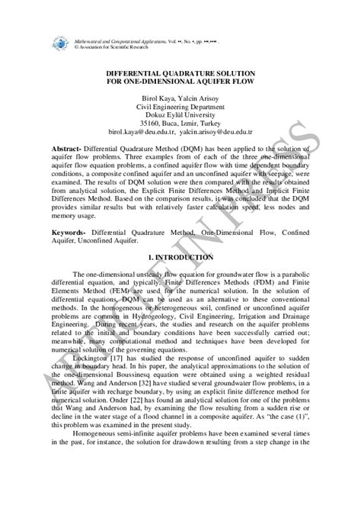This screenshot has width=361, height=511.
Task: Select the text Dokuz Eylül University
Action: (180, 118)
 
